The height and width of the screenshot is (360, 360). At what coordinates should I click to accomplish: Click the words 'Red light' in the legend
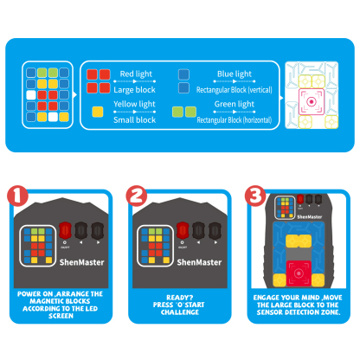[x=136, y=74]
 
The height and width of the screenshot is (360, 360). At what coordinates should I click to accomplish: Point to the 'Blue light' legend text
[x=234, y=74]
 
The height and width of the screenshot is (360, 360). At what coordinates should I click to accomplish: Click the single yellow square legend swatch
[x=98, y=112]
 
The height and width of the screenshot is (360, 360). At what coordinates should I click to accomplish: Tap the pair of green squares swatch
[x=184, y=112]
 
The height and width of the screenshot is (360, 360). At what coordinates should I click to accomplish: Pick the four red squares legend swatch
[x=98, y=80]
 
